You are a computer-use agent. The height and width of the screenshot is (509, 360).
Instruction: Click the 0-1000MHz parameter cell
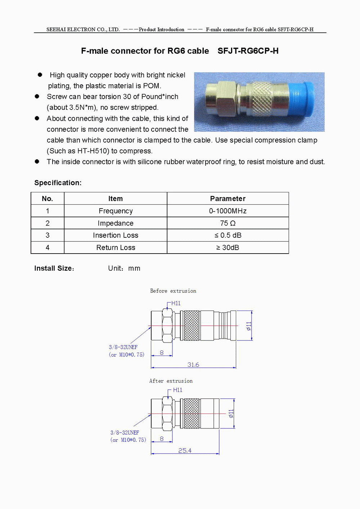point(228,211)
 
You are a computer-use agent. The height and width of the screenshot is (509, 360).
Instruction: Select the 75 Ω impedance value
point(228,223)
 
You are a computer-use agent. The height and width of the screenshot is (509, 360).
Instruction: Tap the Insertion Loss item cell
point(116,236)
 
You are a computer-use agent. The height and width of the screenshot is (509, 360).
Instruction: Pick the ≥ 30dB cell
point(228,248)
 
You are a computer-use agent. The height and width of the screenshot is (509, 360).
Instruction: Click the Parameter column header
point(228,199)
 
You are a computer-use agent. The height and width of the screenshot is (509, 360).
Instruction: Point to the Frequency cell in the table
point(116,211)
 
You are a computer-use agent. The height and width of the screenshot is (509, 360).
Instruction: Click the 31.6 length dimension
point(193,365)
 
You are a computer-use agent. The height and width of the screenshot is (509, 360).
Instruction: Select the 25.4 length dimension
point(185,451)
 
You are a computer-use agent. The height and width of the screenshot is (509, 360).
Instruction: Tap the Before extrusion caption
point(173,291)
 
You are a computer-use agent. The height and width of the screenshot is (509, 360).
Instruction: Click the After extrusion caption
point(171,381)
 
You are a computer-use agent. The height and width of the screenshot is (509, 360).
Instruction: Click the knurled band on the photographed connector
point(262,99)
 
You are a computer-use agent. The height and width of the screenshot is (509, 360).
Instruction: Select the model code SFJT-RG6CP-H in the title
point(248,51)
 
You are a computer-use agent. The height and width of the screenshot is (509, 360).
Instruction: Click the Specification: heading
point(58,183)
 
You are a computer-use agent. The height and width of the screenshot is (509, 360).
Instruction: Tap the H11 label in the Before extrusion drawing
point(176,303)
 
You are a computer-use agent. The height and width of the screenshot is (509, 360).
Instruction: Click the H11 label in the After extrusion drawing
point(178,390)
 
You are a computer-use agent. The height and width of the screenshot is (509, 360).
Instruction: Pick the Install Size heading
point(54,268)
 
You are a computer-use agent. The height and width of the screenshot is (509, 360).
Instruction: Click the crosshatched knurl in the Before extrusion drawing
point(192,326)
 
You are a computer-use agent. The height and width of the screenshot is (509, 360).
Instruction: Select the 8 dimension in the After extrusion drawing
point(162,439)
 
